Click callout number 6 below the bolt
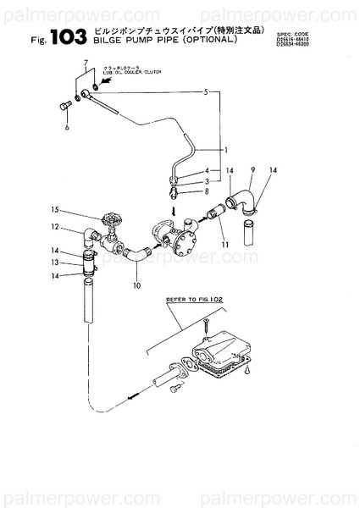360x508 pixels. click(66, 128)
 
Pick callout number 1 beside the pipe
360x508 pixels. click(226, 150)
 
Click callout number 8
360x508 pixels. click(206, 192)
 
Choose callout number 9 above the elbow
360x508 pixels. click(252, 170)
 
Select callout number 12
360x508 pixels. click(53, 226)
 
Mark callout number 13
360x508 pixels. click(53, 262)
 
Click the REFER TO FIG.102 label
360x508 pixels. click(191, 299)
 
